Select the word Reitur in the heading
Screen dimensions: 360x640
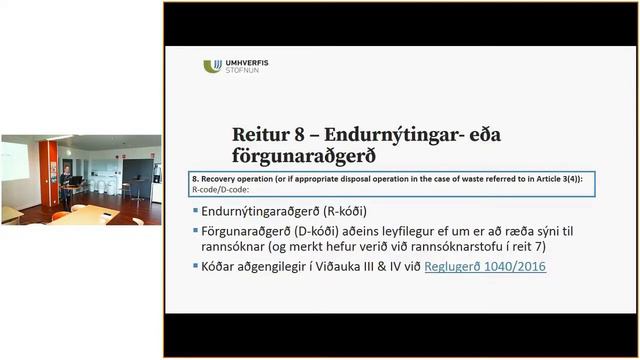(x=258, y=135)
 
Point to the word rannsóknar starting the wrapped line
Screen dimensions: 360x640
(x=238, y=248)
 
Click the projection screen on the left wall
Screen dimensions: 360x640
(x=15, y=161)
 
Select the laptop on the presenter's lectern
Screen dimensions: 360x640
(x=73, y=183)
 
